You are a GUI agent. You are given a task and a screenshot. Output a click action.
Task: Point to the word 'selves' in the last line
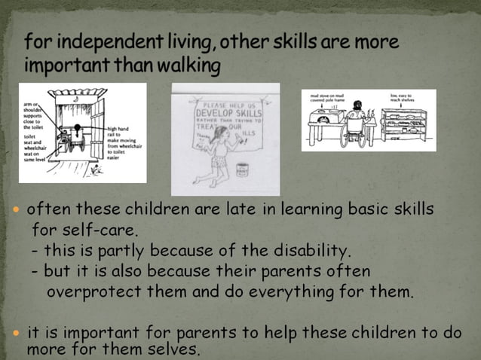click(175, 349)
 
